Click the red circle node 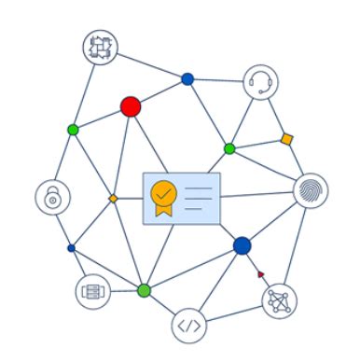(131, 106)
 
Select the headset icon (261, 82)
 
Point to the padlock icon (52, 198)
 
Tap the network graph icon (279, 300)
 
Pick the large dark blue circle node (242, 245)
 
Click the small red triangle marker (260, 273)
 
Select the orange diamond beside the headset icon (287, 139)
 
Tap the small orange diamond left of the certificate (113, 199)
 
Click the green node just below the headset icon (229, 148)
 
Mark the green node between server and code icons (144, 290)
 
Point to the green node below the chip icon (73, 130)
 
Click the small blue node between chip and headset (187, 79)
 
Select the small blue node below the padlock (72, 247)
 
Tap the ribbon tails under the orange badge (163, 214)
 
